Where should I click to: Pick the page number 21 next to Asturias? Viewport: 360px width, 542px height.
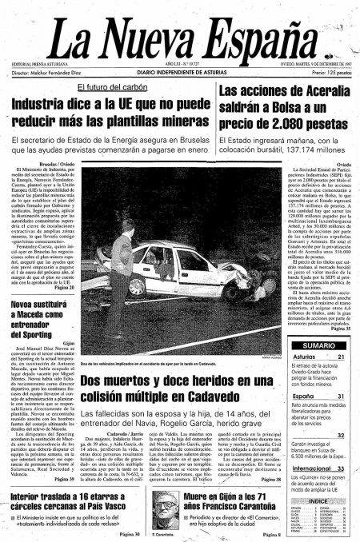(340, 357)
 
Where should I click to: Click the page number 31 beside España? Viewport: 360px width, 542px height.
(340, 396)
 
